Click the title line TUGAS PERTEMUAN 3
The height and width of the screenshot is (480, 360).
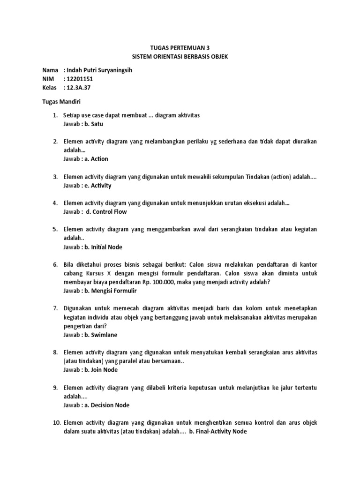coord(180,48)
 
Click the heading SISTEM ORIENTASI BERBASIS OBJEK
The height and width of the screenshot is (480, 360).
coord(180,57)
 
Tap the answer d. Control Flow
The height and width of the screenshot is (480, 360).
coord(106,212)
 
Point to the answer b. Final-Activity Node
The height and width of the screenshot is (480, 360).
coord(217,432)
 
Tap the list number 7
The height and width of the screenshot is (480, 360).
coord(54,308)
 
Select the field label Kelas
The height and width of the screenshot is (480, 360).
coord(49,88)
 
